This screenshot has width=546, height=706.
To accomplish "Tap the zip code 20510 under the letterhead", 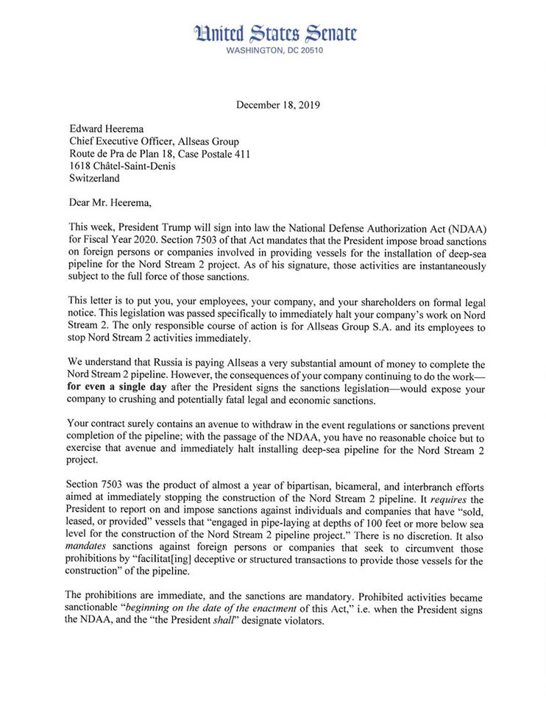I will [x=308, y=51].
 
